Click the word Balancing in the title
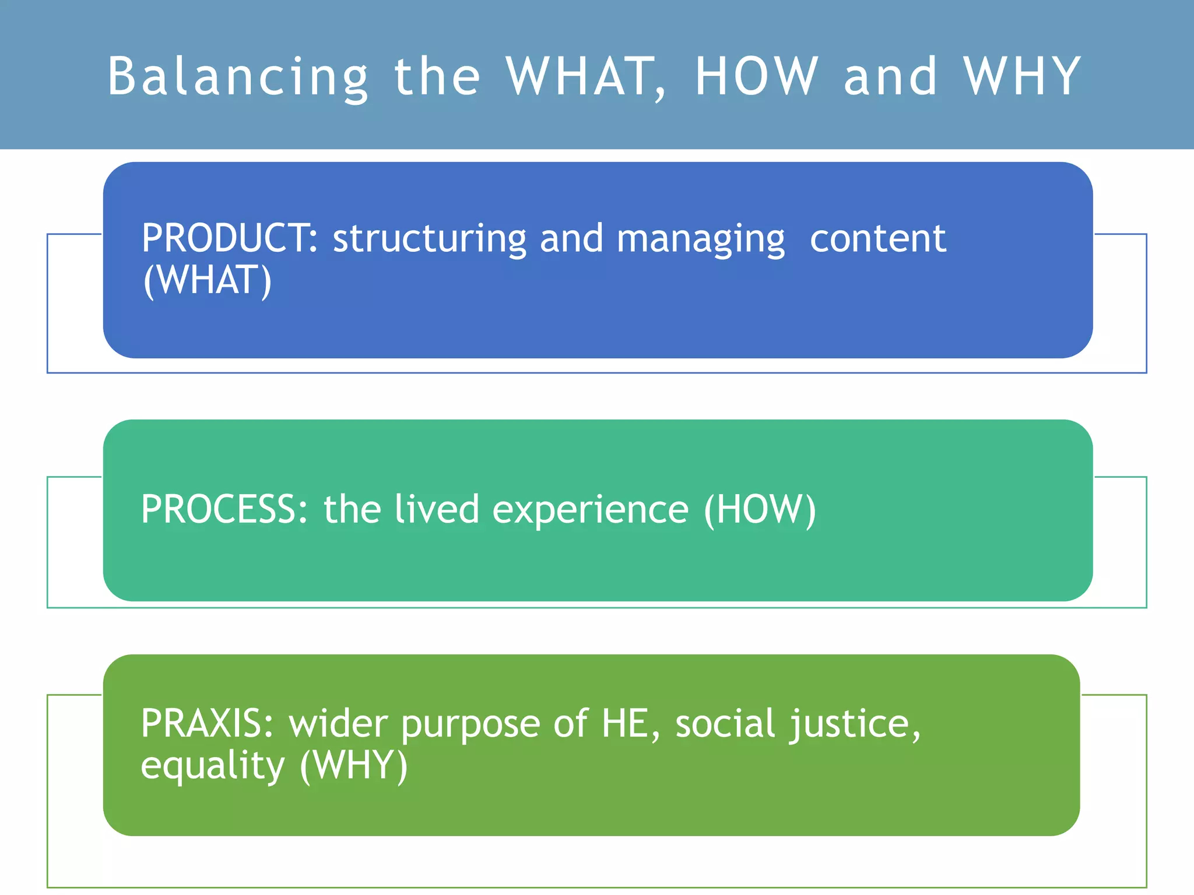(x=238, y=77)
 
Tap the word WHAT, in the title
(x=585, y=77)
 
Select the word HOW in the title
(x=757, y=77)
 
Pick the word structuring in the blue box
(x=430, y=239)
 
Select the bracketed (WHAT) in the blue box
(x=208, y=280)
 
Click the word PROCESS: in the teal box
(x=224, y=509)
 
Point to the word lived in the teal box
(x=437, y=509)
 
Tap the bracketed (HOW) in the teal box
(x=760, y=510)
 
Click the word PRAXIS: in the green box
(x=207, y=723)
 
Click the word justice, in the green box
(x=854, y=724)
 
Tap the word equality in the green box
(x=212, y=766)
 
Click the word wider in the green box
(x=338, y=723)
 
